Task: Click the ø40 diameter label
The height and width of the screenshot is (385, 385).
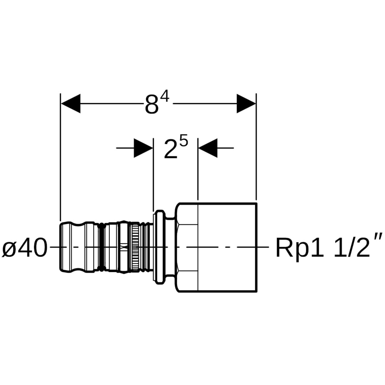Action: (x=24, y=248)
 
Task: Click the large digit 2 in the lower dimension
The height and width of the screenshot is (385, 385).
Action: (x=171, y=149)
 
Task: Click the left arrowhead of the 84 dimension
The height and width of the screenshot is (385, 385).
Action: (x=71, y=104)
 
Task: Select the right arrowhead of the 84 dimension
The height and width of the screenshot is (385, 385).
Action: (x=246, y=104)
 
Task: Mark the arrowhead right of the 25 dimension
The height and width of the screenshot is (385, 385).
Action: (x=208, y=148)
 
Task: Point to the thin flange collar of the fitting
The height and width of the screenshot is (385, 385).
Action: (x=159, y=247)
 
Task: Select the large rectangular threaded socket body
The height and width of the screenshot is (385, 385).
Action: (x=227, y=247)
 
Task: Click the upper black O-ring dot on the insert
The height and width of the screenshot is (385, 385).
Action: (x=102, y=226)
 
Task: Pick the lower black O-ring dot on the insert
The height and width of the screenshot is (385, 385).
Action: (x=102, y=268)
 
